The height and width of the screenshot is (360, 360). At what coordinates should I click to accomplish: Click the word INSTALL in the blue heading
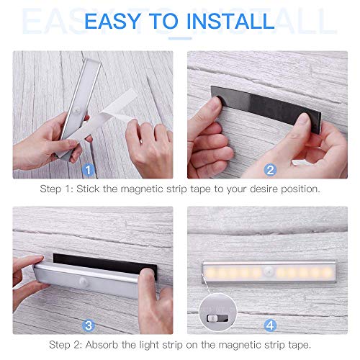(230, 21)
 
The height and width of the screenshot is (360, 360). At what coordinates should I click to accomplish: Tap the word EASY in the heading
(113, 21)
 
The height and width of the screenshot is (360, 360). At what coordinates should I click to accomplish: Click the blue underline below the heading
(180, 38)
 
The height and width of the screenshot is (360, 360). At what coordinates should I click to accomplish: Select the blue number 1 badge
(88, 170)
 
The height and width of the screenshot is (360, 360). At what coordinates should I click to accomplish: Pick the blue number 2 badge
(270, 170)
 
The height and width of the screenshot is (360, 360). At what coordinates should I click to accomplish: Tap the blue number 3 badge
(89, 325)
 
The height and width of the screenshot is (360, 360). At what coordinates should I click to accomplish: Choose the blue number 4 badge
(270, 325)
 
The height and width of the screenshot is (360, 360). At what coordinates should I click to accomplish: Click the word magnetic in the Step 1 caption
(142, 189)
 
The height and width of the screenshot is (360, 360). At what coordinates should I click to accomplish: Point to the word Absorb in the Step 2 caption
(102, 345)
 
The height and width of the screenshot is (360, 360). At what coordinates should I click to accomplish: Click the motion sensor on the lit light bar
(268, 271)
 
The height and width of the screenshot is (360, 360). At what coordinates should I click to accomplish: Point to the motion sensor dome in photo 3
(83, 281)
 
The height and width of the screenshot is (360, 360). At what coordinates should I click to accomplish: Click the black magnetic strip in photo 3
(105, 265)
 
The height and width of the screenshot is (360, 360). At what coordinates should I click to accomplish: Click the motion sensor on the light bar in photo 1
(77, 111)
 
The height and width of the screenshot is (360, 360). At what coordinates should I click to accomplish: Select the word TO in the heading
(163, 21)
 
